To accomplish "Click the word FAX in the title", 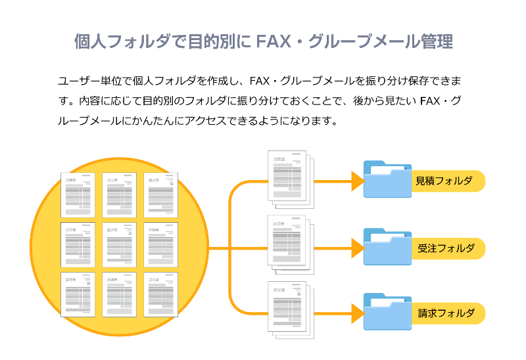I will pos(279,42).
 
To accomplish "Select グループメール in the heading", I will pos(369,42).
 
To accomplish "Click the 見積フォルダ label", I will pos(444,181).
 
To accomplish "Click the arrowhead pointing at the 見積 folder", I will pos(357,182).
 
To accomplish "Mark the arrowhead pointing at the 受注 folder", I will pos(357,248).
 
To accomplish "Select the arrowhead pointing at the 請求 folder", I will pos(357,313).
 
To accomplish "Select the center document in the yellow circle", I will pos(119,244).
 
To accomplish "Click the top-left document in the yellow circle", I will pos(78,195).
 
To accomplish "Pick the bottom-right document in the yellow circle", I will pos(160,294).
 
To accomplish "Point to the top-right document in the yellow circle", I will pos(160,195).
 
